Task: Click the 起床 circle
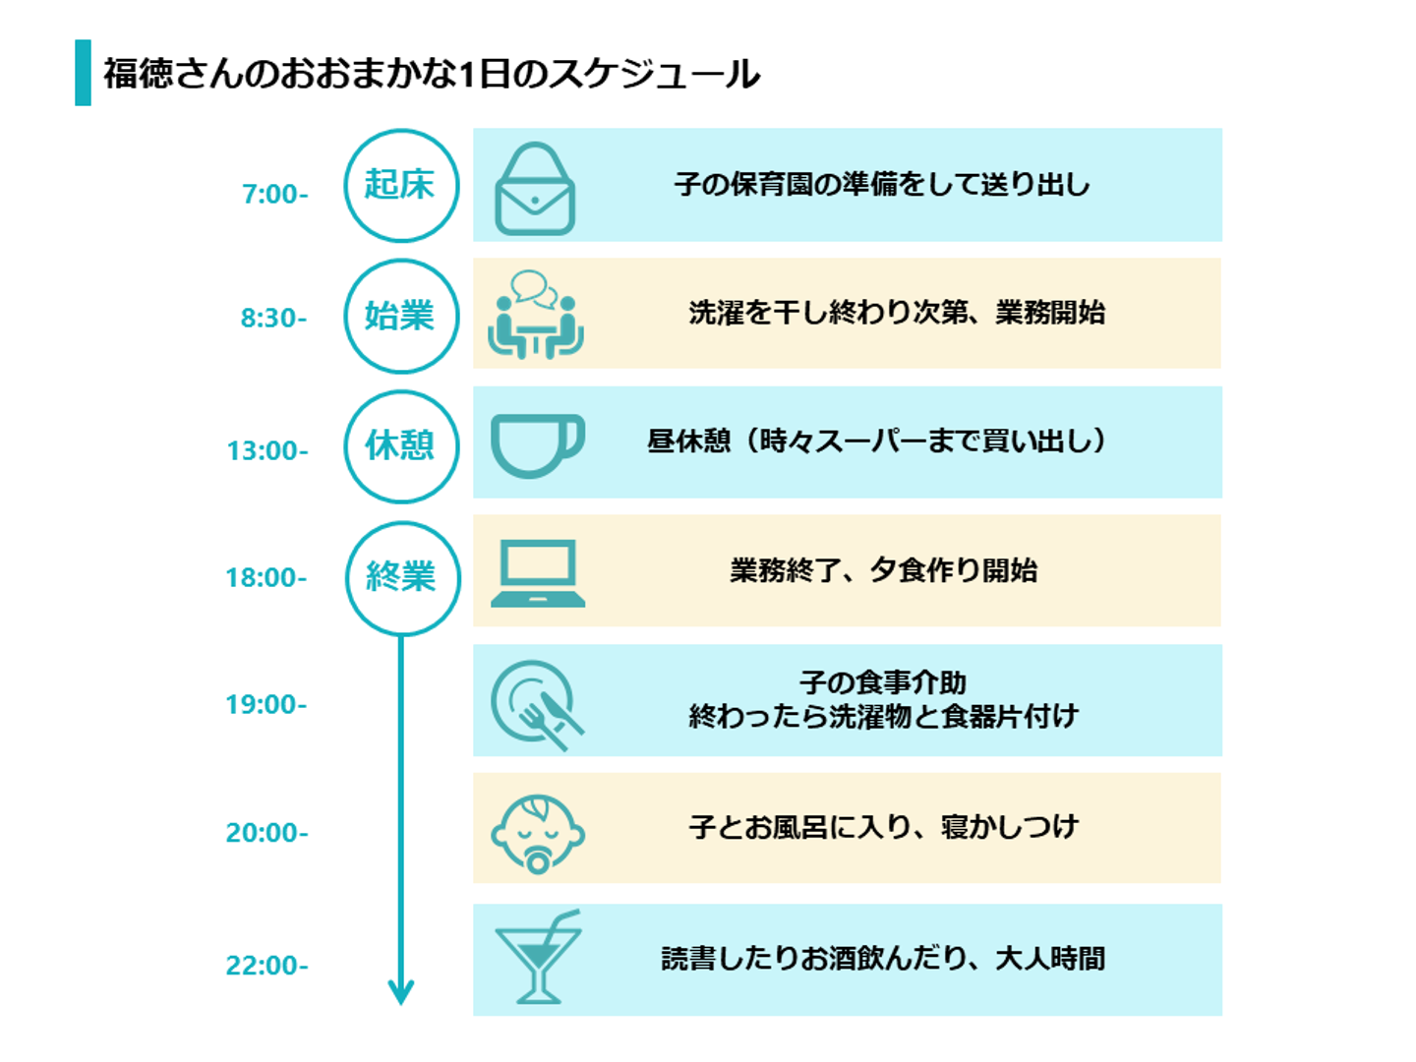(401, 186)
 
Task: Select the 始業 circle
(401, 316)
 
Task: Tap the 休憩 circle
(401, 446)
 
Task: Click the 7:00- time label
(275, 195)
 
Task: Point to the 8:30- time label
(274, 319)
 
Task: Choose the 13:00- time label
(267, 451)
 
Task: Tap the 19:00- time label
(266, 705)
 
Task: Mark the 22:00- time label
(266, 966)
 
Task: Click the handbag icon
(534, 189)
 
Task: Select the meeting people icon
(536, 315)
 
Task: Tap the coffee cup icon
(537, 445)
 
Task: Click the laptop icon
(537, 573)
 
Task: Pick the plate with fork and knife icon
(537, 704)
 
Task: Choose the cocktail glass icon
(538, 958)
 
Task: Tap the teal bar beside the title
(83, 73)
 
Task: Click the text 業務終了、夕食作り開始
(883, 570)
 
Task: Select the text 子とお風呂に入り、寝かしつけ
(883, 827)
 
